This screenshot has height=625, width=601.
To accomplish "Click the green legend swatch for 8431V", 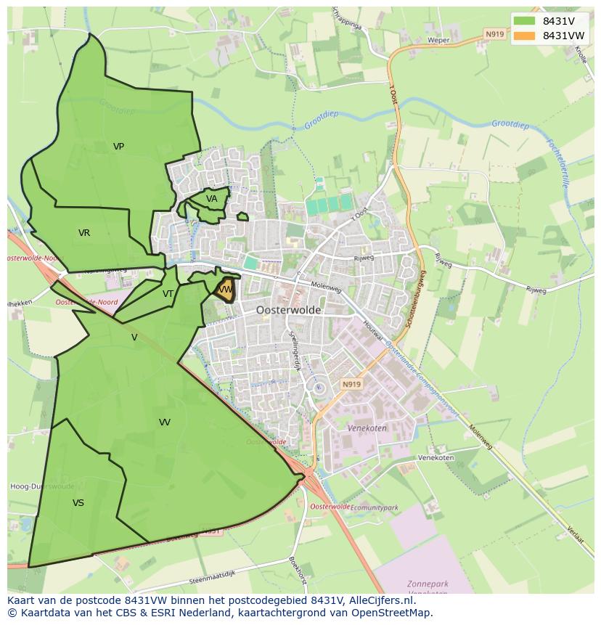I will [x=523, y=21].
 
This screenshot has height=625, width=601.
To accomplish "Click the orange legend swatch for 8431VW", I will [x=523, y=36].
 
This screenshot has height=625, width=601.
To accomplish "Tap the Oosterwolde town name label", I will [x=288, y=309].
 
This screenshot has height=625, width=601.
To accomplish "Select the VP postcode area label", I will [x=118, y=147].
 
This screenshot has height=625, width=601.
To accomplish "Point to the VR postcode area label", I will [x=84, y=233].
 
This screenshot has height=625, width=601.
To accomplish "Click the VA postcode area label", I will [x=211, y=199].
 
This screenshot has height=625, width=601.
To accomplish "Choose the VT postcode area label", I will [x=168, y=294].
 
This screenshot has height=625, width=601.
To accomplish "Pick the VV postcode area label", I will [x=165, y=422].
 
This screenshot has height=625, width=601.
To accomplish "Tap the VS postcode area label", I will [x=78, y=502].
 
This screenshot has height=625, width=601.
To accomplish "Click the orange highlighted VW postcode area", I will [x=226, y=290].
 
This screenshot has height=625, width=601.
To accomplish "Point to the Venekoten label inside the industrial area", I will [x=367, y=429].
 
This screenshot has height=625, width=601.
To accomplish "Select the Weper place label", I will [x=439, y=41].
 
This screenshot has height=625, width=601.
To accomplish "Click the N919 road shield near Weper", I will [x=494, y=34].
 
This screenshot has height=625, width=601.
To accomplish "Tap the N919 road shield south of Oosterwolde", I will [x=351, y=384].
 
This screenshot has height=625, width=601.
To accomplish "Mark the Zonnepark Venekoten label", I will [x=428, y=589].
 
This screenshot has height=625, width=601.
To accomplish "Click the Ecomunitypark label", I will [x=375, y=507].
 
